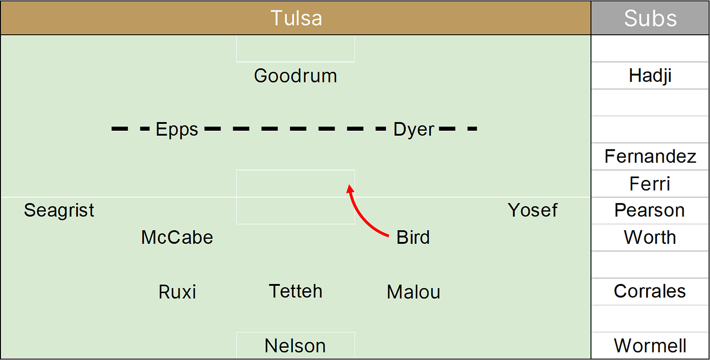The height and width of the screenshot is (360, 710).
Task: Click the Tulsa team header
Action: point(296,18)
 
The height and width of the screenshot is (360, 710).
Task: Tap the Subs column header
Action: point(650,18)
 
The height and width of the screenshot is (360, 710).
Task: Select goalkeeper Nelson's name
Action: point(295,345)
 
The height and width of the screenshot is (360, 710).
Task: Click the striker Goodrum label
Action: point(296,76)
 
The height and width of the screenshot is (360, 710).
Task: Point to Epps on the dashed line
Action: point(177,129)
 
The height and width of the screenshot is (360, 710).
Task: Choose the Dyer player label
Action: point(414,129)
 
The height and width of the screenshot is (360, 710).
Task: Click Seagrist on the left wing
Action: point(59,210)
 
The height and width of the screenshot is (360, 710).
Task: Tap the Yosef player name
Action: point(532,210)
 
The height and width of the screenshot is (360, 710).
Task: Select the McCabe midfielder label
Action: point(177,238)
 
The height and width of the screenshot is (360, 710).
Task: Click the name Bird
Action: point(413,238)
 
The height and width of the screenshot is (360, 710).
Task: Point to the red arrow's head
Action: point(349,188)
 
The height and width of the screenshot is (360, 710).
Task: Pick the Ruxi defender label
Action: point(177,292)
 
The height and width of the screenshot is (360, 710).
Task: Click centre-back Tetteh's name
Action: point(296,291)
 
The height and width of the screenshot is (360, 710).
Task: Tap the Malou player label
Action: point(414,292)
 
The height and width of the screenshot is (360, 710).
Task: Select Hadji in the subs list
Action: point(650,76)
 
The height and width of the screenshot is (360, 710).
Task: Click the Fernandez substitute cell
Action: point(650,157)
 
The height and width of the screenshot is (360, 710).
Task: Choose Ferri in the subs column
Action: point(650,184)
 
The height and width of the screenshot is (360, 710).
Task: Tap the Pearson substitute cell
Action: point(650,210)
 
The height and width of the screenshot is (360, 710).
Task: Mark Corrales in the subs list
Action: point(650,291)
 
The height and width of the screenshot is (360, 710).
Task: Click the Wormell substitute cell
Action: point(650,345)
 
